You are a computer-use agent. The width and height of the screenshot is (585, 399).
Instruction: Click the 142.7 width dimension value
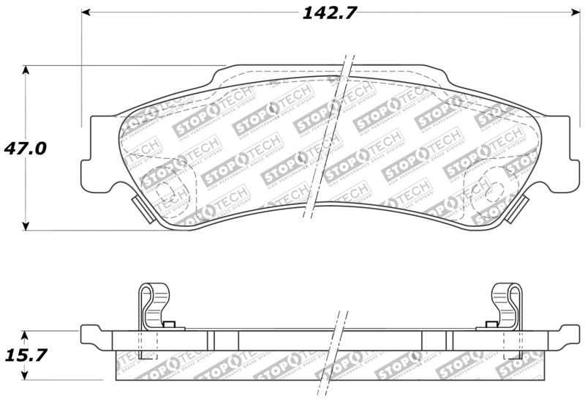pyautogui.click(x=326, y=12)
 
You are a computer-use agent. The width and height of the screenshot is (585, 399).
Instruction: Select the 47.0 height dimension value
pyautogui.click(x=26, y=148)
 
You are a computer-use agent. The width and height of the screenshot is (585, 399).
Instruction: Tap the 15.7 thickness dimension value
pyautogui.click(x=26, y=355)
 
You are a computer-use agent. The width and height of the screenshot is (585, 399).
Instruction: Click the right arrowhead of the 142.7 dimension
pyautogui.click(x=574, y=12)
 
